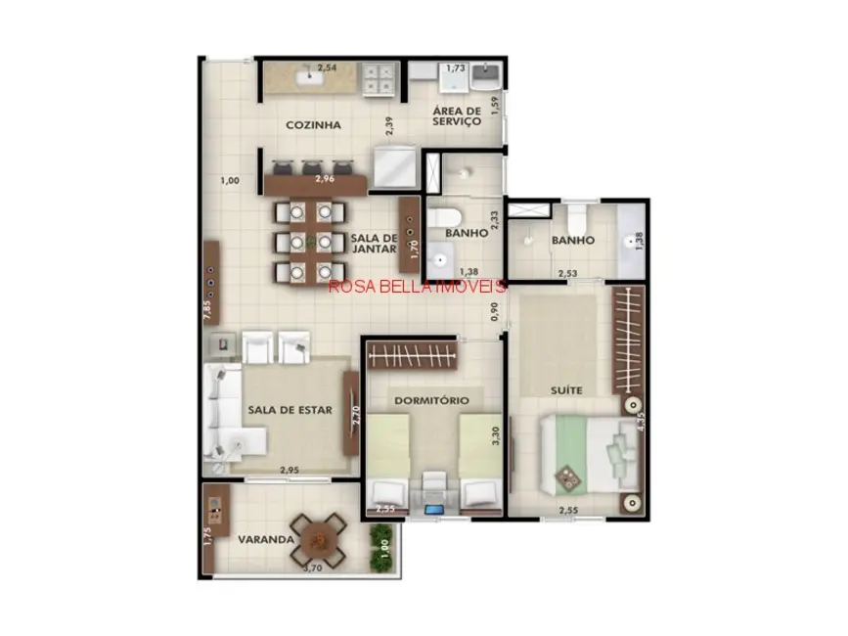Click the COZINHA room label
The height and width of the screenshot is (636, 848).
pos(313,125)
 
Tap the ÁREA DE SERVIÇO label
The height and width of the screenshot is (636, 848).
pos(457,116)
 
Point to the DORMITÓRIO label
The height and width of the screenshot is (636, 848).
pos(431,400)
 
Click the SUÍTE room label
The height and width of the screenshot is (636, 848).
pos(566,390)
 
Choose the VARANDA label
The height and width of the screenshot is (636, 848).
pos(265,539)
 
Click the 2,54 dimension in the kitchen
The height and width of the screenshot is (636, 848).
pos(327,68)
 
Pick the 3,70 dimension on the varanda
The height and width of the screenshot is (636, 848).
pos(313,568)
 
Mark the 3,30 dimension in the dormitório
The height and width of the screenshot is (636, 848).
pos(496,436)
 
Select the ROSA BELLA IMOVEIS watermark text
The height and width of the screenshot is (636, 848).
pos(418,287)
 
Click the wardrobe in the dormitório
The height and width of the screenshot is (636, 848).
pos(412,353)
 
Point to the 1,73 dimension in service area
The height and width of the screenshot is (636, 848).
pos(456,68)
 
